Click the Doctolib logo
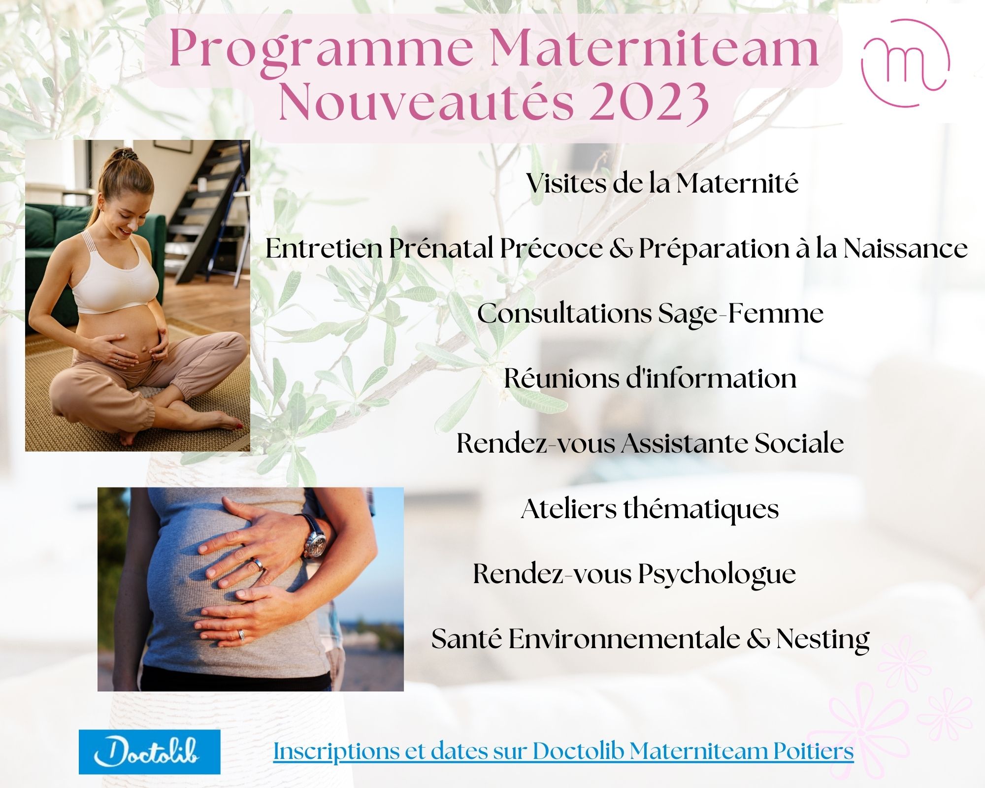[149, 752]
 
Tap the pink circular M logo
[905, 63]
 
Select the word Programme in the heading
[320, 49]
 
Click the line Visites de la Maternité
[662, 183]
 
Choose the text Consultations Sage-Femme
[650, 314]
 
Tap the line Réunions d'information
[650, 379]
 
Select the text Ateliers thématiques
[650, 509]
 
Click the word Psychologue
[717, 574]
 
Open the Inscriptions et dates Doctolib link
[563, 752]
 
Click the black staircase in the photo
[212, 207]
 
